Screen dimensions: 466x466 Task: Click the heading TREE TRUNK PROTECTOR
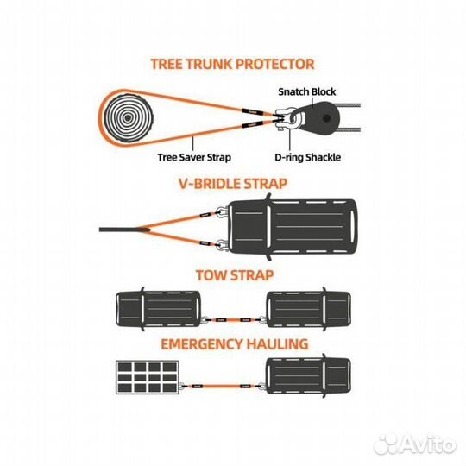click(x=232, y=64)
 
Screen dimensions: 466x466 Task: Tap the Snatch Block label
click(x=307, y=91)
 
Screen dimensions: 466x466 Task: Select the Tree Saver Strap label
click(x=194, y=157)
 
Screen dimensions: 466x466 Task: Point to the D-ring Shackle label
click(x=307, y=157)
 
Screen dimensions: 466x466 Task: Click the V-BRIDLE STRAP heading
click(x=233, y=184)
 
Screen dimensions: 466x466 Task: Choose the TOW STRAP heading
click(x=235, y=275)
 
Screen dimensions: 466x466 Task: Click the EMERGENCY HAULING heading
click(x=235, y=344)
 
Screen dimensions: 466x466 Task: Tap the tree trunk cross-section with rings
click(x=128, y=118)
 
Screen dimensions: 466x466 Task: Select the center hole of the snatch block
click(x=326, y=118)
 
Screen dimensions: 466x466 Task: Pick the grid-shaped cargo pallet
click(x=147, y=377)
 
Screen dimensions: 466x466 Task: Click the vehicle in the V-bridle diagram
click(x=293, y=227)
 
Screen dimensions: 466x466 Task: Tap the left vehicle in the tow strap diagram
click(x=158, y=309)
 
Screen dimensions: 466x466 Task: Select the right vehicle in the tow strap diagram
click(x=308, y=309)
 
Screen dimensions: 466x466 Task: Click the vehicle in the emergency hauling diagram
click(x=308, y=376)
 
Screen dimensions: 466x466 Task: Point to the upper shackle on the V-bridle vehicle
click(x=222, y=212)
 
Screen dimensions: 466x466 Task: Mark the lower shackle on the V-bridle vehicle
click(x=222, y=245)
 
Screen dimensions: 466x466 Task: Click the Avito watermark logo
click(x=415, y=445)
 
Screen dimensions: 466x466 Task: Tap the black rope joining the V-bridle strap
click(x=119, y=230)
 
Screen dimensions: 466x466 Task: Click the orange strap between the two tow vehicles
click(x=234, y=320)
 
